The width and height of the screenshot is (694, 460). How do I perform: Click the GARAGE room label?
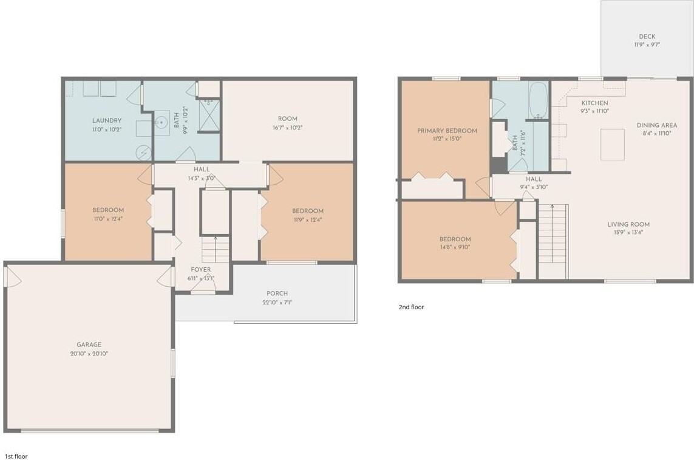(x=89, y=345)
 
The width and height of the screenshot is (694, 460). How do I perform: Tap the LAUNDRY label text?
(x=107, y=120)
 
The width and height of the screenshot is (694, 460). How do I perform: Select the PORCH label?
(x=277, y=294)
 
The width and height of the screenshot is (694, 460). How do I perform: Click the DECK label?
(x=647, y=36)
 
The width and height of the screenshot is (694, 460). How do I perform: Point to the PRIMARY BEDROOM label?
(x=447, y=131)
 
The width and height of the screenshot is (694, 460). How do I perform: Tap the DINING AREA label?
(x=656, y=125)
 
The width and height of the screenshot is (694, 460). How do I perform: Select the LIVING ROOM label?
(x=628, y=224)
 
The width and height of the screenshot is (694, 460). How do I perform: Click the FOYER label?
(x=201, y=269)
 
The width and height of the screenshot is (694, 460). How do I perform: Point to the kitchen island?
(x=612, y=144)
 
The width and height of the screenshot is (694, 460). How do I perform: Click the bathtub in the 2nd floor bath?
(x=538, y=100)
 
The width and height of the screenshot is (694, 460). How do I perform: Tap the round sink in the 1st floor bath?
(x=162, y=123)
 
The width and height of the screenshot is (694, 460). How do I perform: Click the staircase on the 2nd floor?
(x=553, y=233)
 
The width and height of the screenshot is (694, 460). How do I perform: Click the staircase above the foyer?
(x=215, y=249)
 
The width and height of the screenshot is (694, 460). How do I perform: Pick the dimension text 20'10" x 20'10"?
(x=89, y=353)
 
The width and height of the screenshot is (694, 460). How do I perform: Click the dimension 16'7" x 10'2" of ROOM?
(x=287, y=128)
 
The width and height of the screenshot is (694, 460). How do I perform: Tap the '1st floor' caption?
(x=16, y=456)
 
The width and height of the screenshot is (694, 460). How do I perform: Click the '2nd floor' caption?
(x=411, y=307)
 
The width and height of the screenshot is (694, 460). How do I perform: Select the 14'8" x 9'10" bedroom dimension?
(x=455, y=247)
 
